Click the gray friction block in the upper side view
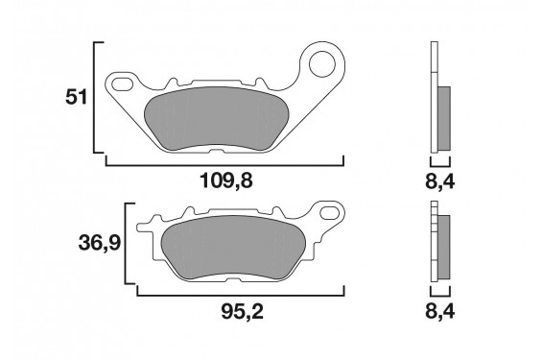coord(444,115)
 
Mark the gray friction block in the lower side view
coord(444,246)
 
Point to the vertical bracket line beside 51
coord(94,98)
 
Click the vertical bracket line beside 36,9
coord(127,244)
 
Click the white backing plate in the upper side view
coord(434,96)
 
